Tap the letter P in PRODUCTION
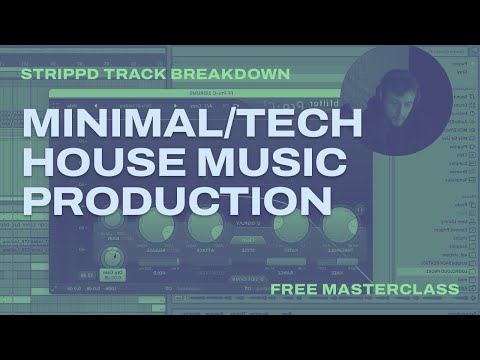[x=37, y=198]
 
